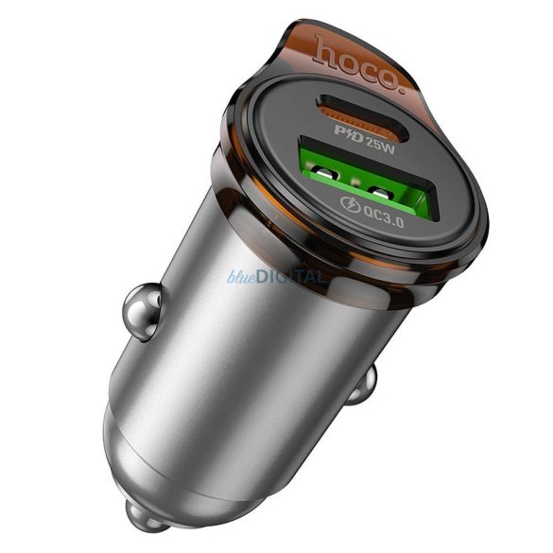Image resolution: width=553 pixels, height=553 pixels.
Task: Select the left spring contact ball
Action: coord(140,311)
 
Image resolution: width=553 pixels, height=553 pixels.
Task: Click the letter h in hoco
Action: coord(322,44)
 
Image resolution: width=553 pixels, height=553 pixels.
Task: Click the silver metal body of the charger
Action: coord(236,378)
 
